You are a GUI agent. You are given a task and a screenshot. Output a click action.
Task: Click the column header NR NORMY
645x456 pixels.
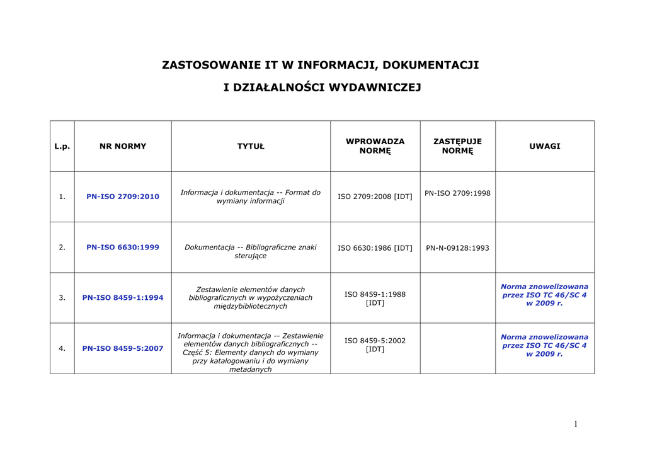(123, 146)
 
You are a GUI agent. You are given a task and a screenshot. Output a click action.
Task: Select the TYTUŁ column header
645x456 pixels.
(251, 146)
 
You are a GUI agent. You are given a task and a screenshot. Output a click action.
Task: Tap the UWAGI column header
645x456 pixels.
(545, 146)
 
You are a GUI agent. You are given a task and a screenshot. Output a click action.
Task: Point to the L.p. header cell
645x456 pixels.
(62, 146)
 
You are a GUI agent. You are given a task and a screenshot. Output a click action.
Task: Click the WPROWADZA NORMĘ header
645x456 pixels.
(375, 146)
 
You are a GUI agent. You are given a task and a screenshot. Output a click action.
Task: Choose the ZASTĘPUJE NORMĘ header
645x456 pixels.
(457, 146)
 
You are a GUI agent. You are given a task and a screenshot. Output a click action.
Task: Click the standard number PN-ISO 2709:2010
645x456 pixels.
(123, 197)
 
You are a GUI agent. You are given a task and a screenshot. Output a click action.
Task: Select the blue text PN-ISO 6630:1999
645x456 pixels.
(123, 248)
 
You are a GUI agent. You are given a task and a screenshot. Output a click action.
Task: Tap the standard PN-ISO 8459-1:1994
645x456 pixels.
(123, 298)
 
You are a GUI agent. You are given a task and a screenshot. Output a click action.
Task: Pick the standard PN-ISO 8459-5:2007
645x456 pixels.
(123, 348)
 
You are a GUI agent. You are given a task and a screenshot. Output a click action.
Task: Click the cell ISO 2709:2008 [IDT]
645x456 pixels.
(375, 197)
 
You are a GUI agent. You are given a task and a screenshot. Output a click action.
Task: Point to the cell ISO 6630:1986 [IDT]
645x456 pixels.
(375, 248)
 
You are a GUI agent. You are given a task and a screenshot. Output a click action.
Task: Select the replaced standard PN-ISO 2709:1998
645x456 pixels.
(457, 193)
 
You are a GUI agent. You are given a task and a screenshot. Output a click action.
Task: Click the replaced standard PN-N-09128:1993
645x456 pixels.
(457, 248)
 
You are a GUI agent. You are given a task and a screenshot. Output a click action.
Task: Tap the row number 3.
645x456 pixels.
(62, 298)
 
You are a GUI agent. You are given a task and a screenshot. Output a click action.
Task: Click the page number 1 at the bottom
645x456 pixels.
(575, 425)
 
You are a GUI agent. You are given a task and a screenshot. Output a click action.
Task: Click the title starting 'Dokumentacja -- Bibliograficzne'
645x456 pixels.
(251, 251)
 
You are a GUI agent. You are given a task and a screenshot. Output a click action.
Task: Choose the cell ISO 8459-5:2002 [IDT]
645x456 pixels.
(375, 345)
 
